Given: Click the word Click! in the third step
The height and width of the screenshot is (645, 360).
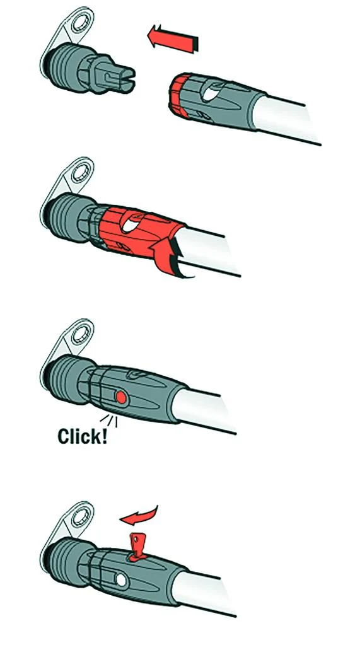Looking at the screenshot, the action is pos(83,436).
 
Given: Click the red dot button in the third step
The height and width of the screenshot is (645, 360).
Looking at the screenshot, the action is pos(120,397).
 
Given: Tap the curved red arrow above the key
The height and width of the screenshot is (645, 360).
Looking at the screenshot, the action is pos(139,514).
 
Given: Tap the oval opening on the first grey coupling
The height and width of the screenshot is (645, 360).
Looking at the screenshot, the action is pos(211,91).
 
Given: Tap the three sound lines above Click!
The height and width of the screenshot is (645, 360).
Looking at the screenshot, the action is pos(109,421).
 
